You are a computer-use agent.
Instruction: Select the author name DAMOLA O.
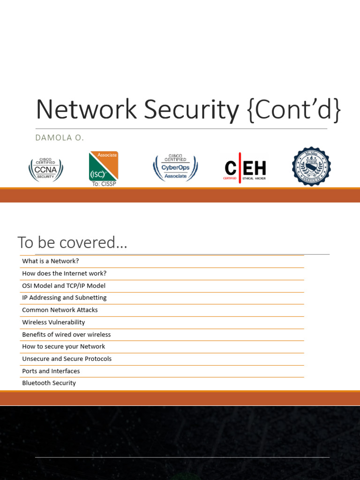pyautogui.click(x=60, y=137)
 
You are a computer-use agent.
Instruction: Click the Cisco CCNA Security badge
pyautogui.click(x=45, y=169)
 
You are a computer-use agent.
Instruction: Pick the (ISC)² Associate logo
pyautogui.click(x=103, y=166)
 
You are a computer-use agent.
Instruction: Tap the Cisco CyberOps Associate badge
pyautogui.click(x=175, y=168)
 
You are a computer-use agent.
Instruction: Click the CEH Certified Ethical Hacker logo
pyautogui.click(x=245, y=168)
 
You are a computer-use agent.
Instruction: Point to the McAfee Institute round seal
pyautogui.click(x=311, y=166)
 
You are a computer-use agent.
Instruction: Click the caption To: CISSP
pyautogui.click(x=104, y=184)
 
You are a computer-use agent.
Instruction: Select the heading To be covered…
pyautogui.click(x=72, y=243)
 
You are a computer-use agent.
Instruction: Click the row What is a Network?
pyautogui.click(x=51, y=261)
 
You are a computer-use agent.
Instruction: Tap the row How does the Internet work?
pyautogui.click(x=64, y=273)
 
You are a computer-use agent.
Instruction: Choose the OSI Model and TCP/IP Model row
pyautogui.click(x=64, y=285)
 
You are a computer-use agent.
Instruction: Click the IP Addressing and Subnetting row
pyautogui.click(x=64, y=298)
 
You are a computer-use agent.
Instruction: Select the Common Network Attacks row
pyautogui.click(x=60, y=310)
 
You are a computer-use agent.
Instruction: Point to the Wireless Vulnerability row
pyautogui.click(x=53, y=322)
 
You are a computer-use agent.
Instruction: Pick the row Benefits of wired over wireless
pyautogui.click(x=67, y=334)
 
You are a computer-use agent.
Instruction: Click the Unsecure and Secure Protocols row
pyautogui.click(x=67, y=359)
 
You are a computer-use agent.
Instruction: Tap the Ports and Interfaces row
pyautogui.click(x=51, y=371)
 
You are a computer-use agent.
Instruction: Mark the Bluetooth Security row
pyautogui.click(x=49, y=383)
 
